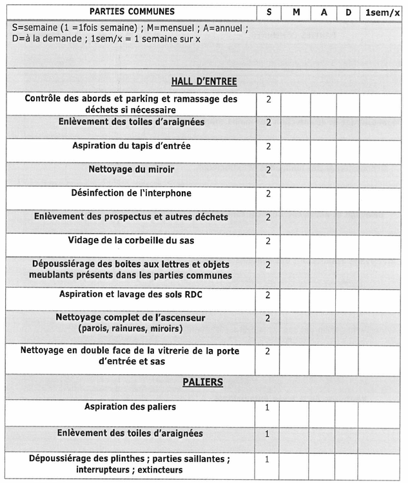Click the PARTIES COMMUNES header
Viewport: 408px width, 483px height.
(131, 12)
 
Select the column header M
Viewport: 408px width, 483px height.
(296, 12)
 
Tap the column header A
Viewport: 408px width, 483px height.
(324, 12)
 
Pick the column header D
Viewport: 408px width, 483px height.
(348, 12)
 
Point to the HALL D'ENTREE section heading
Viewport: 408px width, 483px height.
(204, 82)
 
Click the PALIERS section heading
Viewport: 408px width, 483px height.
(204, 383)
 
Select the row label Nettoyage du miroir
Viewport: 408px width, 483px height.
(131, 169)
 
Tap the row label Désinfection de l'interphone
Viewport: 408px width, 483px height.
(131, 193)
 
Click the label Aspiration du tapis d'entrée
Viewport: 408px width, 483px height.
(131, 146)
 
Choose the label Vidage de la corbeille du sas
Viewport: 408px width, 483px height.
(131, 240)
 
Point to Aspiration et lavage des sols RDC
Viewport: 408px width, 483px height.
(131, 294)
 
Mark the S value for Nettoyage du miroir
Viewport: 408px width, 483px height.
(268, 170)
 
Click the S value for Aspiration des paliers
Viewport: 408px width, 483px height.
(267, 408)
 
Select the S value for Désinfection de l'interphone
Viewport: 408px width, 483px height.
(268, 194)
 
